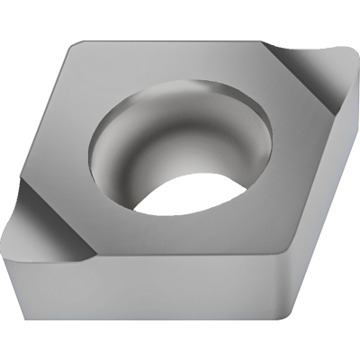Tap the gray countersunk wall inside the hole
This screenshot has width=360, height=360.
135,144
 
